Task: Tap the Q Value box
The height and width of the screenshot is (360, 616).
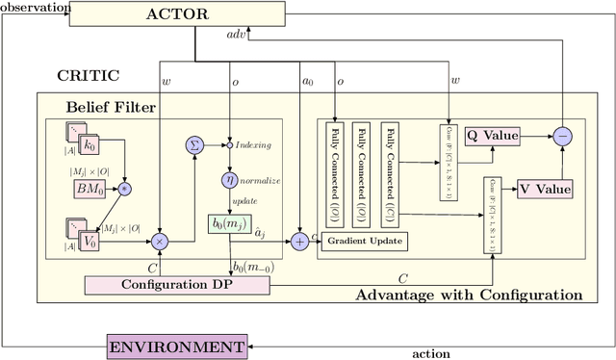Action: (x=492, y=136)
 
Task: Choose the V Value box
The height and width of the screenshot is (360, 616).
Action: (x=545, y=188)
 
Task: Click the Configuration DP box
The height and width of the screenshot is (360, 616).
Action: (x=178, y=285)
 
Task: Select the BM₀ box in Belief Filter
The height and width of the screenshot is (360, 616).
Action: (x=92, y=189)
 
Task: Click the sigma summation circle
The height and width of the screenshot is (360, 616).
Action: (x=195, y=144)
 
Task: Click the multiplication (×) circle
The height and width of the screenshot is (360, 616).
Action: (x=159, y=239)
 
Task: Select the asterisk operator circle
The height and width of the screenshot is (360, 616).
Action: (x=123, y=189)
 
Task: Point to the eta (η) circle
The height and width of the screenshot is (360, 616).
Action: (x=229, y=179)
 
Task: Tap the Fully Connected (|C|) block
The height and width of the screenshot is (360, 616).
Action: (x=390, y=173)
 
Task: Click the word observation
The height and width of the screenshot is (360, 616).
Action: (x=36, y=7)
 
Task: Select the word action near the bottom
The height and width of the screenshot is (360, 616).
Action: (x=430, y=353)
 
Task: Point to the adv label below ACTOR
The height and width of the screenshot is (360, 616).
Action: (x=236, y=34)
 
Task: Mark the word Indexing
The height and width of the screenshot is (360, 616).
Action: (x=254, y=145)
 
